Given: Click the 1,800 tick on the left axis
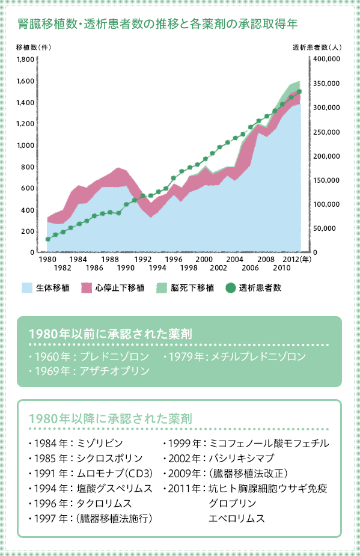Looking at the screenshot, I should point(26,60).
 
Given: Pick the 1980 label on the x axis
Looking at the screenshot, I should point(47,259).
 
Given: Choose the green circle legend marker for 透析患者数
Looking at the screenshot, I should point(231,288).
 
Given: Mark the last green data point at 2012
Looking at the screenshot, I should point(299,91).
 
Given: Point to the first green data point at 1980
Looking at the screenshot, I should point(47,239).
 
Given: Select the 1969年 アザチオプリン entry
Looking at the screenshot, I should point(88,371).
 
